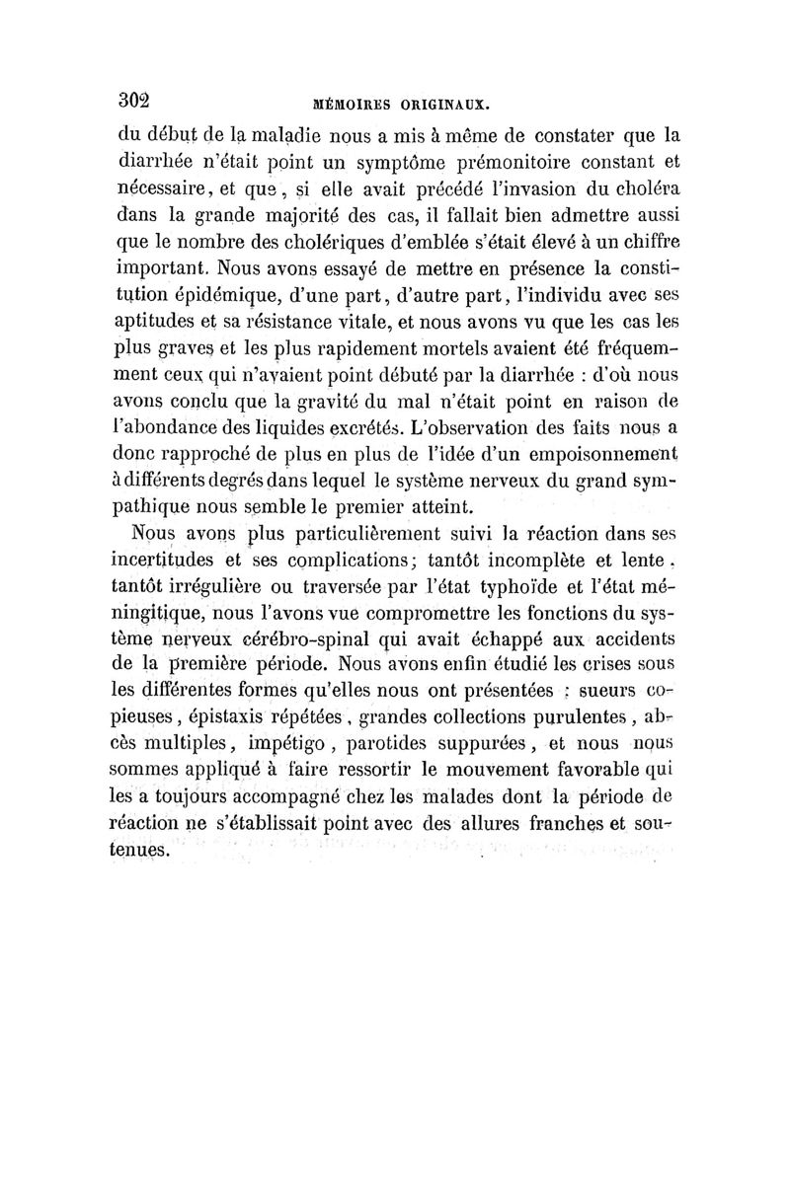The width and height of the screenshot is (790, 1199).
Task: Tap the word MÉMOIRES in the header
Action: point(355,102)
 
